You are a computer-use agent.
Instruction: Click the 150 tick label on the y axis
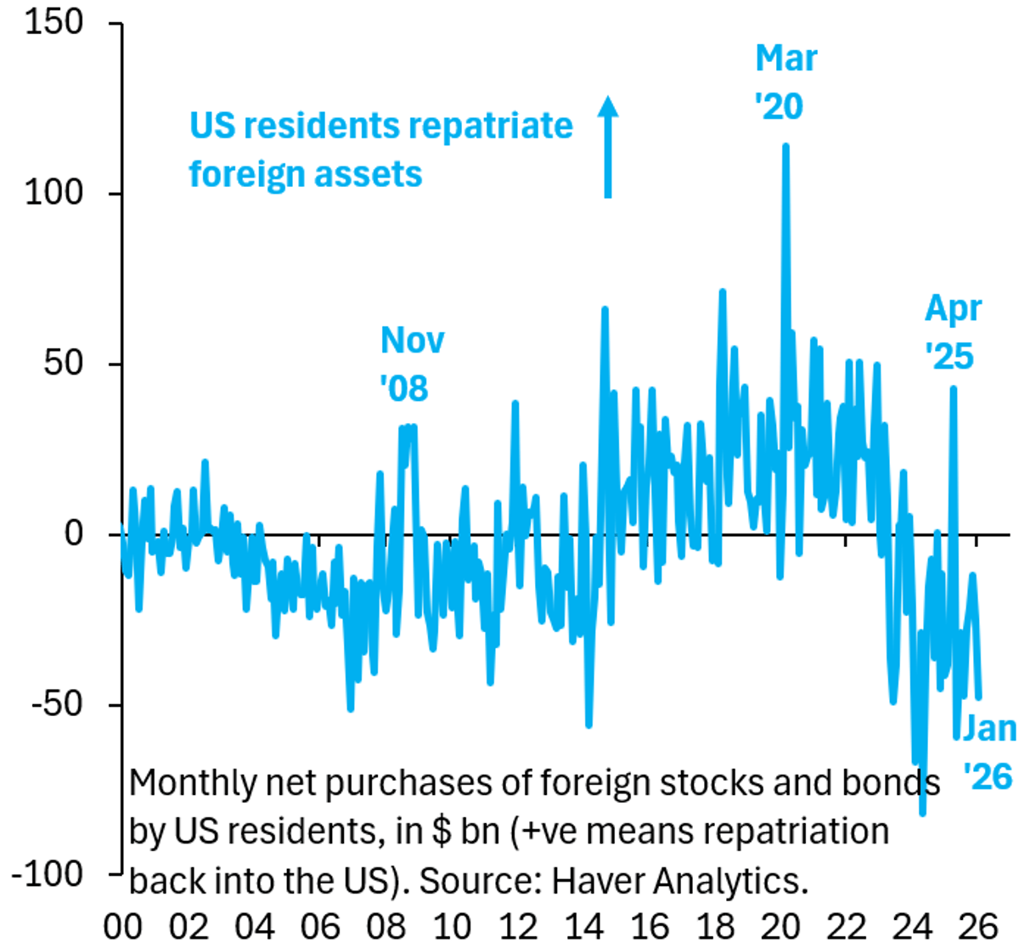(x=54, y=22)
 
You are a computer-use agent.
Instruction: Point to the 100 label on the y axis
(x=54, y=193)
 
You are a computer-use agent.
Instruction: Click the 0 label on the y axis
(x=75, y=533)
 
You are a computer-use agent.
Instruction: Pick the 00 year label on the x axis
(x=123, y=925)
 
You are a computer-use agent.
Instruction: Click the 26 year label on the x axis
(x=978, y=925)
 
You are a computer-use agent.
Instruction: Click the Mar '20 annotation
(x=785, y=82)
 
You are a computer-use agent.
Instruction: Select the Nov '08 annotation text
(x=411, y=364)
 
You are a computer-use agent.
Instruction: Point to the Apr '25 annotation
(x=952, y=332)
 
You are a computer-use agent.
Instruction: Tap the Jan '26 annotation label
(x=989, y=752)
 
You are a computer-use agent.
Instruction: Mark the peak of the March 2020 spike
(x=785, y=146)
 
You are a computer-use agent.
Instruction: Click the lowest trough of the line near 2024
(x=922, y=813)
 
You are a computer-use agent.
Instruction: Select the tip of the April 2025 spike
(x=954, y=388)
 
